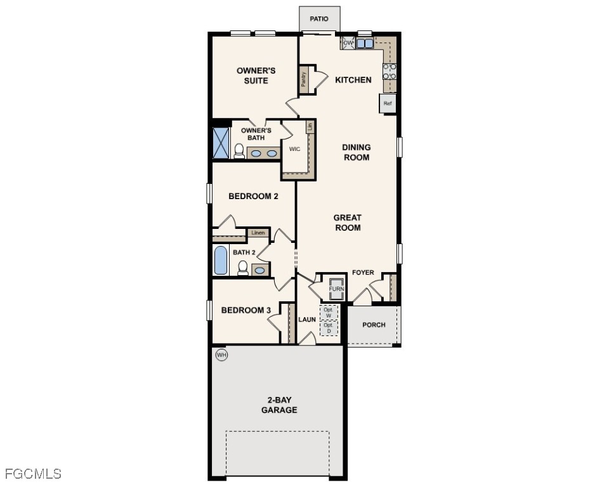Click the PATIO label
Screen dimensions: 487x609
pyautogui.click(x=319, y=18)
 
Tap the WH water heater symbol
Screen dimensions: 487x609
pyautogui.click(x=221, y=354)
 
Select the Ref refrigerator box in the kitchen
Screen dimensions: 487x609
pyautogui.click(x=388, y=103)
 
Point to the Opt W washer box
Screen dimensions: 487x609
pyautogui.click(x=329, y=313)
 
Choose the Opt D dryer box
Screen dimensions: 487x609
pyautogui.click(x=329, y=328)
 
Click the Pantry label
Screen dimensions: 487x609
pyautogui.click(x=304, y=79)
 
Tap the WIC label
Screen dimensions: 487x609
pyautogui.click(x=294, y=150)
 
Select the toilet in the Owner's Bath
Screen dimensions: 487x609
pyautogui.click(x=239, y=151)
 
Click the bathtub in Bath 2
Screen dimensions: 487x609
pyautogui.click(x=221, y=261)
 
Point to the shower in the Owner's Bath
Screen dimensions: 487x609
pyautogui.click(x=221, y=143)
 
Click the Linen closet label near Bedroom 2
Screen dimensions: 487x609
pyautogui.click(x=258, y=233)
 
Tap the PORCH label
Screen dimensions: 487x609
pyautogui.click(x=374, y=325)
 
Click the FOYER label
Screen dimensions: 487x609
pyautogui.click(x=363, y=273)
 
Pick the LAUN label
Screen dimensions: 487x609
pyautogui.click(x=307, y=319)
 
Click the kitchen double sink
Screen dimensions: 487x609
pyautogui.click(x=365, y=44)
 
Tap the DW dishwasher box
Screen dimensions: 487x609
pyautogui.click(x=348, y=43)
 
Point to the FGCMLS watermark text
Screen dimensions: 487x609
pyautogui.click(x=33, y=474)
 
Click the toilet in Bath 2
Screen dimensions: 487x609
pyautogui.click(x=242, y=269)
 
